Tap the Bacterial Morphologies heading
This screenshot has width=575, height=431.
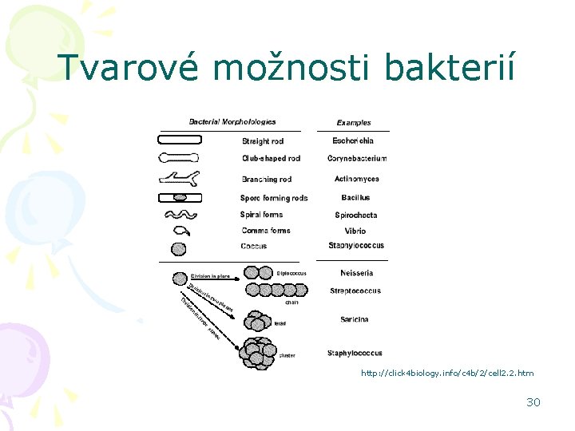pos(232,122)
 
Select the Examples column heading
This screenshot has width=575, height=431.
pos(354,123)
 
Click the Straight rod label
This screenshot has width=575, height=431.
pos(263,141)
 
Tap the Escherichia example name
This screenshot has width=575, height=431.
pos(353,141)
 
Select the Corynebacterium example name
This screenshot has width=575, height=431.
pos(357,159)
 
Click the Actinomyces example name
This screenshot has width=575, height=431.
pos(357,179)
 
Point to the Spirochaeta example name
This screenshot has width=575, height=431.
pos(356,215)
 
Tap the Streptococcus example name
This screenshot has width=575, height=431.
pos(355,291)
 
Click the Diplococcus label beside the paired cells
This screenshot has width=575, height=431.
pos(291,273)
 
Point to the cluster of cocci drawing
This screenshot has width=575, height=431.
pos(258,353)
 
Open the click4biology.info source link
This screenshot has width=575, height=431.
pos(447,374)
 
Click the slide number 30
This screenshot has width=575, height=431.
pos(533,402)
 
